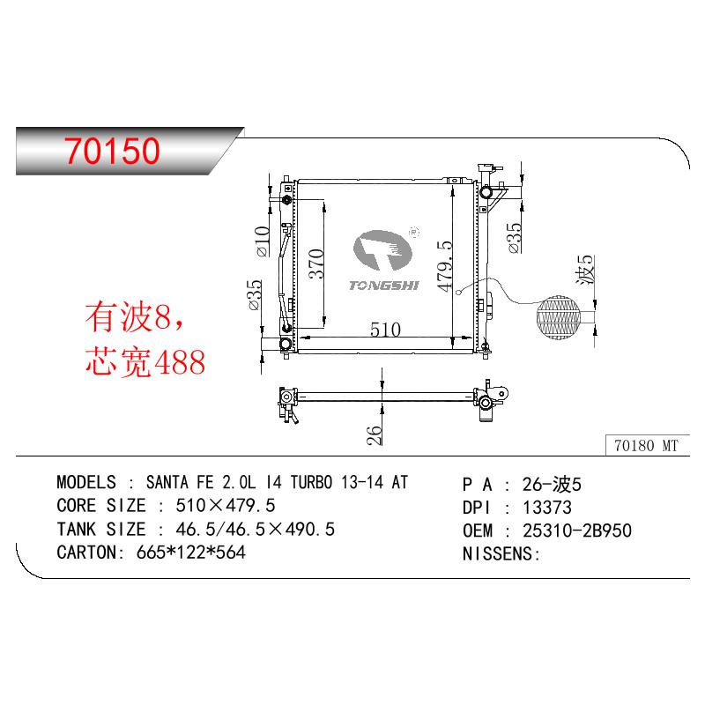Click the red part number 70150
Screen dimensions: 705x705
(x=112, y=150)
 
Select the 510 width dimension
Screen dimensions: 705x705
(x=385, y=330)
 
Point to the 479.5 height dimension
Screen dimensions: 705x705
(x=444, y=266)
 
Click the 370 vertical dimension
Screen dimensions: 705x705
(x=316, y=263)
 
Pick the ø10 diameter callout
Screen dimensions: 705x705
(x=262, y=241)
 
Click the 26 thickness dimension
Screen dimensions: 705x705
(x=374, y=435)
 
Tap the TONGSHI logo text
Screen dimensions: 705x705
(x=384, y=285)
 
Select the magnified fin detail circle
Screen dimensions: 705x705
(x=559, y=317)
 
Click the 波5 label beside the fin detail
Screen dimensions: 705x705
(x=586, y=270)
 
